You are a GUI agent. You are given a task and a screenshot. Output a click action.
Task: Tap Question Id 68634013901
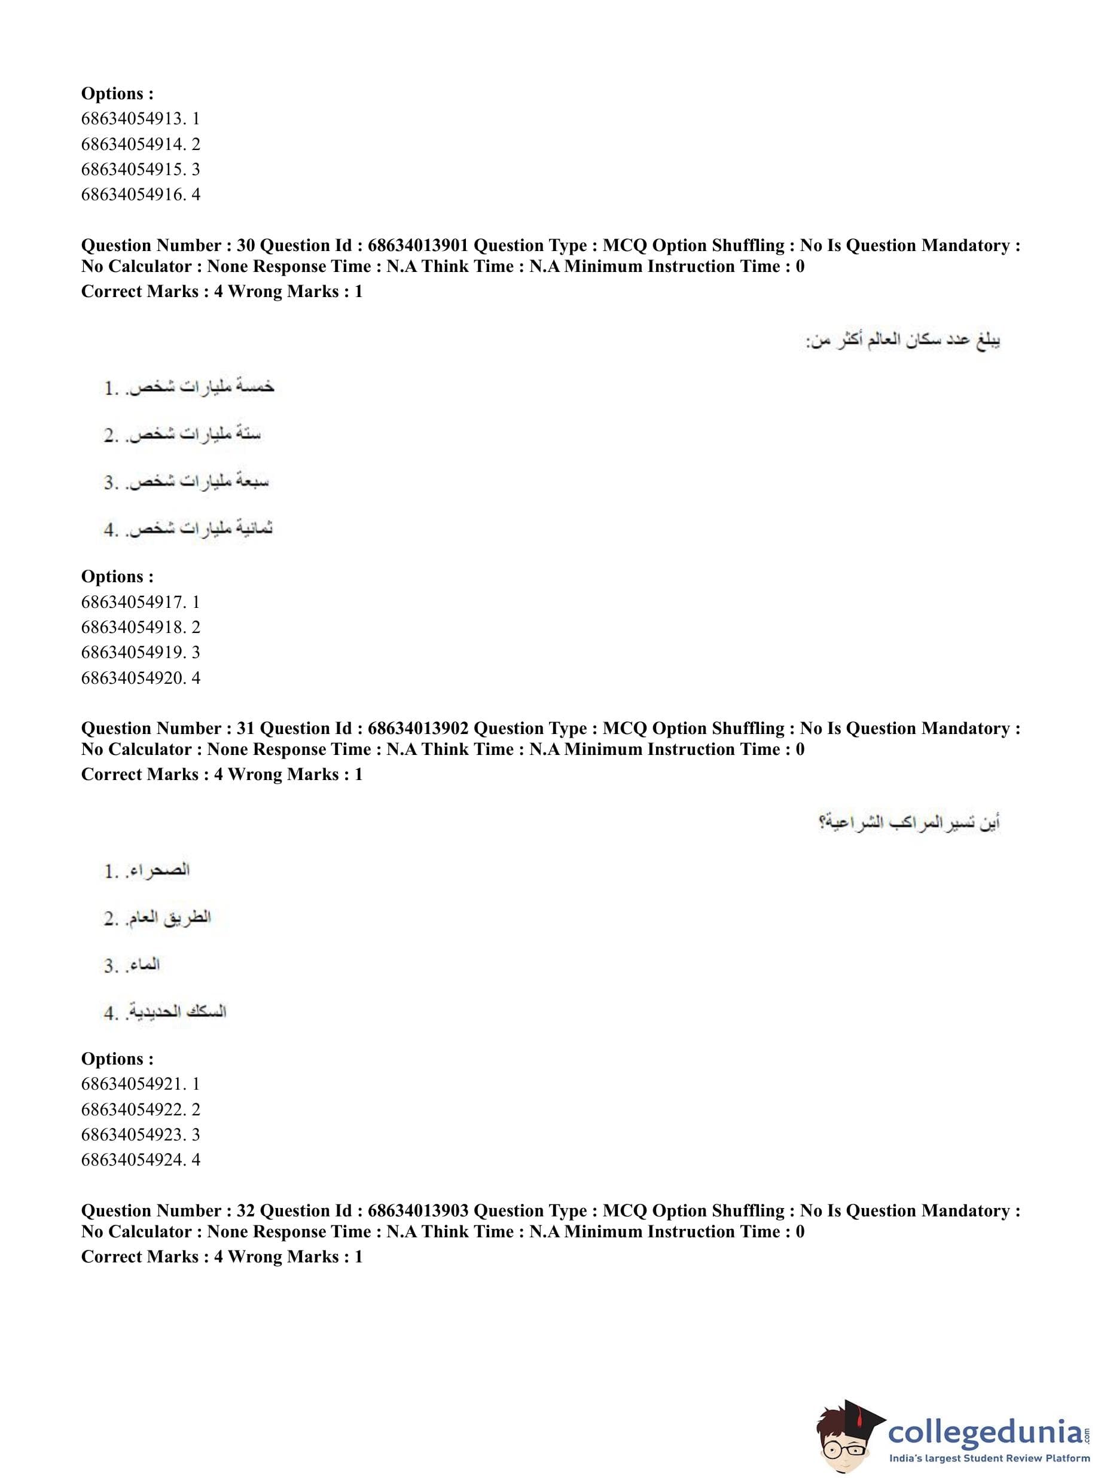[418, 246]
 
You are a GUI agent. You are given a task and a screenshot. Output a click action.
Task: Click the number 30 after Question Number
[245, 246]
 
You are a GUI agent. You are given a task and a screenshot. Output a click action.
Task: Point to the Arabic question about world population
[903, 341]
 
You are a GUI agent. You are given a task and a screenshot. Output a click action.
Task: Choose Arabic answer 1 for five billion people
[190, 387]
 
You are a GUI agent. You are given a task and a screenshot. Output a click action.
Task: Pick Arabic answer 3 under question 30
[187, 482]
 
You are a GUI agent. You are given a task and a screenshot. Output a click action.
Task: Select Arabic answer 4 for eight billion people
[189, 530]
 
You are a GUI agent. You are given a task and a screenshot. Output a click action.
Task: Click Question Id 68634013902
[418, 729]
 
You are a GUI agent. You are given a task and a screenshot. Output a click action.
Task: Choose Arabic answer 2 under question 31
[157, 918]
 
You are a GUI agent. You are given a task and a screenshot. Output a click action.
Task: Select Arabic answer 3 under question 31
[132, 965]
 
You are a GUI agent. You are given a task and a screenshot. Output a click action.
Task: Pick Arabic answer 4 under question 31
[166, 1013]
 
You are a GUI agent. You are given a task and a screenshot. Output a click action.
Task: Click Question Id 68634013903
[418, 1211]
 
